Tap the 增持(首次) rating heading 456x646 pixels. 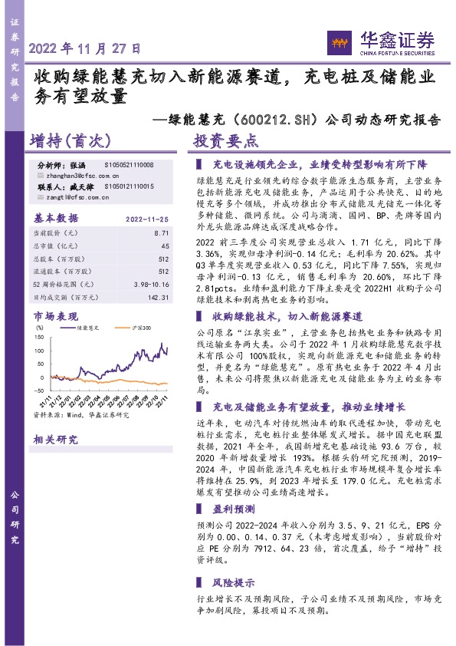(x=71, y=141)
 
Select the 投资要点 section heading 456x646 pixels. (x=225, y=141)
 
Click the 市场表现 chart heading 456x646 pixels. (x=56, y=315)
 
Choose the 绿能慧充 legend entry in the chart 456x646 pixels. (x=90, y=328)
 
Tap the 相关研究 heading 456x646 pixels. (x=56, y=439)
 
